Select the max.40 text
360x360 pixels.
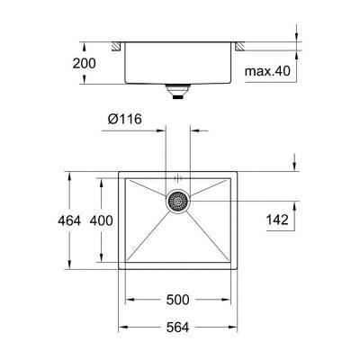coord(270,69)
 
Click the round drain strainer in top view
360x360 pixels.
coord(177,202)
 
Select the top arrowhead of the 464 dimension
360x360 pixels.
coord(68,174)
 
